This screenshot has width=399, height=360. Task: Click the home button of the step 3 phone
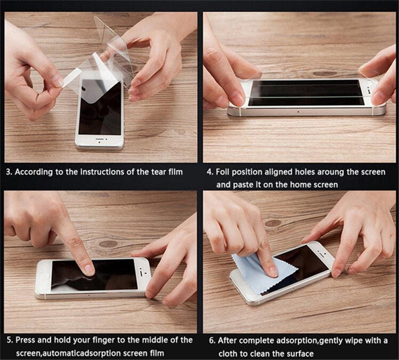point(99,142)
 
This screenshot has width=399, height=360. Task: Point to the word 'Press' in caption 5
point(26,340)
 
